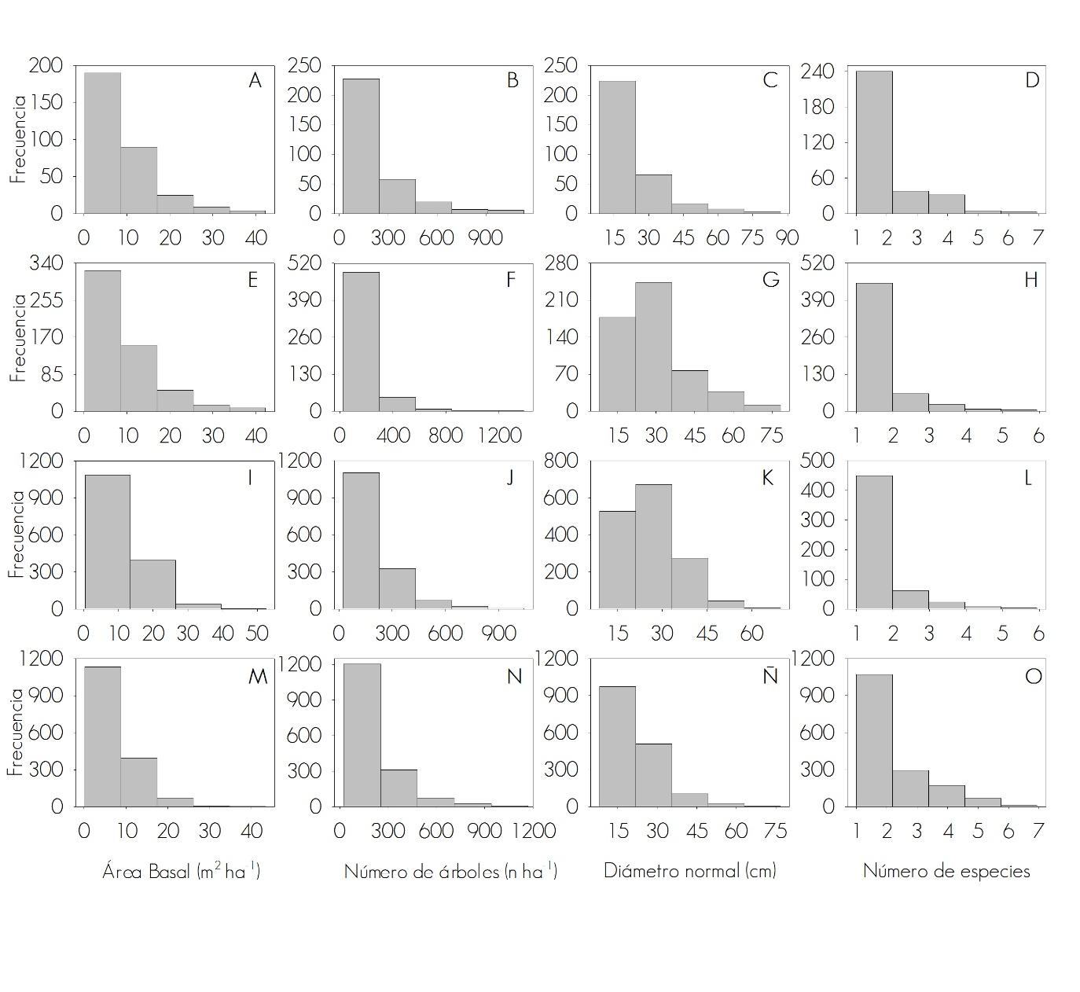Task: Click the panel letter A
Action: [x=255, y=80]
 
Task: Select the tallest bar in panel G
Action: [x=653, y=346]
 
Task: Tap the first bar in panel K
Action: [x=617, y=559]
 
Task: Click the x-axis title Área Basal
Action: [x=181, y=871]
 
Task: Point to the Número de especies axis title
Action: [x=946, y=871]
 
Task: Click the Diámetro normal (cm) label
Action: [x=689, y=871]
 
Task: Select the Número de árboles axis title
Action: [x=450, y=871]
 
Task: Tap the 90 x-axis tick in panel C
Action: [x=787, y=237]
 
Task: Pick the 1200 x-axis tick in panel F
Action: [x=499, y=435]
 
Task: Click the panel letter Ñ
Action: [x=770, y=676]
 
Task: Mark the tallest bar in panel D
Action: [x=874, y=141]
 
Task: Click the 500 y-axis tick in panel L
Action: [x=817, y=461]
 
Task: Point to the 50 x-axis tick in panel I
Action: [x=257, y=634]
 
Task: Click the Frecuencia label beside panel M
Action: [x=17, y=733]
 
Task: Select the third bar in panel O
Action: [x=946, y=795]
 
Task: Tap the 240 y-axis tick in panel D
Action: [x=817, y=72]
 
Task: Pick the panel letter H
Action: [x=1031, y=280]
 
